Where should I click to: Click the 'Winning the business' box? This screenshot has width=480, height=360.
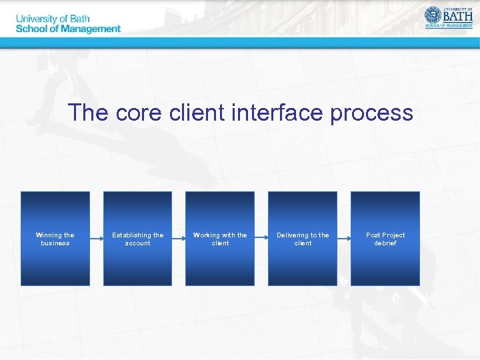(55, 239)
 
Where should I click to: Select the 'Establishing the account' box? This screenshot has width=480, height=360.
(137, 239)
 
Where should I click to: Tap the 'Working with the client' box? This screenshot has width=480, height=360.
(220, 239)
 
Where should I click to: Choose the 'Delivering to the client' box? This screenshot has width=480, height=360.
(303, 239)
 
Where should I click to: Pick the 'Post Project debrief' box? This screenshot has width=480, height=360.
(385, 239)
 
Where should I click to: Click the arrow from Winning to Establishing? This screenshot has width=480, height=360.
(97, 239)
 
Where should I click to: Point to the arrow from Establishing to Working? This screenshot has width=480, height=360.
(179, 239)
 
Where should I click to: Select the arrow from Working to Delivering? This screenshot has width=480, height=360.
(261, 239)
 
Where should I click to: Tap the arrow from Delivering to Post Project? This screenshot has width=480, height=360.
(344, 239)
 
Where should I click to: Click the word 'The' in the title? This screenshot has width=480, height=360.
(89, 113)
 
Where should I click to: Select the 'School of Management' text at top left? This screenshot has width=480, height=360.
(68, 29)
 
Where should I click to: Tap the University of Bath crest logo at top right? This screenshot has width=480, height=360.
(433, 15)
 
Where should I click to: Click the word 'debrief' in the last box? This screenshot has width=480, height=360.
(385, 243)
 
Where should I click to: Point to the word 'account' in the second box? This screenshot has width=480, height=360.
(137, 243)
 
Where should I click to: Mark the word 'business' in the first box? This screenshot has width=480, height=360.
(55, 243)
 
